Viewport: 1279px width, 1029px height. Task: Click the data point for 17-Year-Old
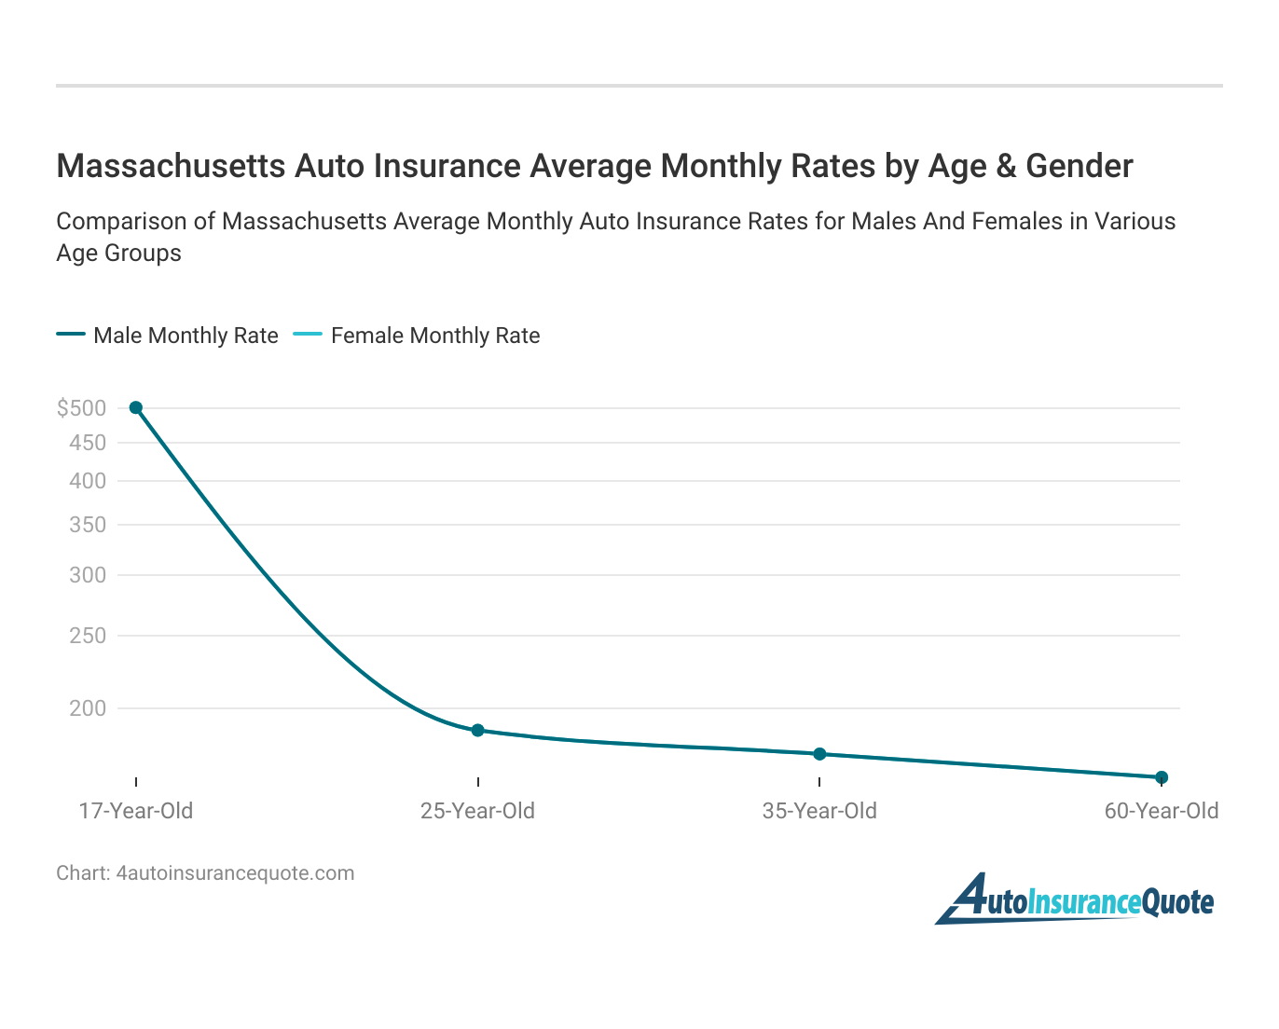pos(136,407)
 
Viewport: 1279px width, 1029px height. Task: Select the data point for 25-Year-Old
pos(477,730)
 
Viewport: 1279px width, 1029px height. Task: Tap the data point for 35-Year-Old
pos(819,753)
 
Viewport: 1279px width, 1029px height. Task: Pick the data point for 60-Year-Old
pos(1162,776)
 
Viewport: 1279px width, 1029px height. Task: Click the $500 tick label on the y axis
pos(81,407)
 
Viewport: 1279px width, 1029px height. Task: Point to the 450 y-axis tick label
pos(88,443)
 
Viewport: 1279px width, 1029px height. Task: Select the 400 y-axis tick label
pos(88,481)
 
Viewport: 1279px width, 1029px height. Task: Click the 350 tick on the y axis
pos(88,525)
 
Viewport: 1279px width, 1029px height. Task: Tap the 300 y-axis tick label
pos(88,575)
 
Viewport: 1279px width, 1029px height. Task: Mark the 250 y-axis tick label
pos(88,636)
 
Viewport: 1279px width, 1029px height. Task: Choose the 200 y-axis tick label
pos(88,708)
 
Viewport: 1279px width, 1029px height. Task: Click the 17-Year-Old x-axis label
pos(136,811)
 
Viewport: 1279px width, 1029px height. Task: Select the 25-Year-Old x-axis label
pos(477,811)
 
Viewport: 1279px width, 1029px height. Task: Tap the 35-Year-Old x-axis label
pos(819,811)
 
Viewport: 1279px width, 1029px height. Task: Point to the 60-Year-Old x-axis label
pos(1162,811)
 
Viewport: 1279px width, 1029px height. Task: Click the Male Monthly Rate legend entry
pos(168,336)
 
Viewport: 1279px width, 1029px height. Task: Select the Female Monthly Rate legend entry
pos(418,336)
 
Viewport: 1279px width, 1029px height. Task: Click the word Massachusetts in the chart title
pos(171,166)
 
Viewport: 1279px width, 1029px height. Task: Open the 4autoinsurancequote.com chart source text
pos(235,873)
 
